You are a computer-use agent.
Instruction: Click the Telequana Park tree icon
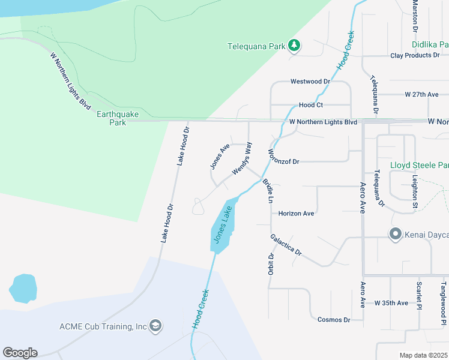(x=294, y=45)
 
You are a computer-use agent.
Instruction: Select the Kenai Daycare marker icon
(x=395, y=233)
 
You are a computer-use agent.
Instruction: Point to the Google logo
(x=20, y=353)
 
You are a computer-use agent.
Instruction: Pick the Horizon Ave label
(x=297, y=213)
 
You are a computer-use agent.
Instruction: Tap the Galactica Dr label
(x=285, y=244)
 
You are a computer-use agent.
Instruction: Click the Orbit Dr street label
(x=271, y=264)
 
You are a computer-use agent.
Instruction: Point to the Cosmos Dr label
(x=333, y=320)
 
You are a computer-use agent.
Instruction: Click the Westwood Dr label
(x=310, y=81)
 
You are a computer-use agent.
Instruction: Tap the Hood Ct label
(x=311, y=104)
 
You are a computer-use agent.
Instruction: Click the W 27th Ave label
(x=421, y=94)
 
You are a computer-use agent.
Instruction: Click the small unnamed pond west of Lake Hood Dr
(x=23, y=288)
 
